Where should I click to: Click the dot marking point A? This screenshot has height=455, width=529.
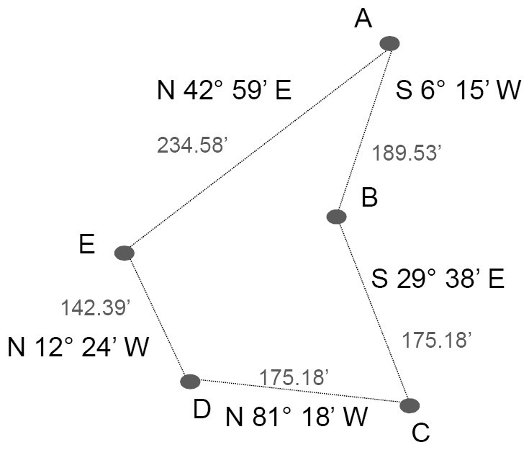(x=389, y=43)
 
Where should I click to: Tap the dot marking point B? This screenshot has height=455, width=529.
(x=336, y=216)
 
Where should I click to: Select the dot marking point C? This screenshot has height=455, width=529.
(x=410, y=405)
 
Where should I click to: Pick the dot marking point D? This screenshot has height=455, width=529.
(x=190, y=381)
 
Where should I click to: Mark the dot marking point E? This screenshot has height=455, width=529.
(x=125, y=253)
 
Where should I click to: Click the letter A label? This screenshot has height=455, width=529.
(x=363, y=19)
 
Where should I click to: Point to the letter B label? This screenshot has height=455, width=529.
(x=369, y=198)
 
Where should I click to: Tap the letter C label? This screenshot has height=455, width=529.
(x=420, y=433)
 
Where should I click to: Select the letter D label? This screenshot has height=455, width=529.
(x=202, y=409)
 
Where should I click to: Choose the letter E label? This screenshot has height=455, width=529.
(x=87, y=245)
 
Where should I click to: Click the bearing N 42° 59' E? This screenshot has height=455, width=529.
(x=223, y=91)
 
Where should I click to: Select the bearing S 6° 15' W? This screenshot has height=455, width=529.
(x=458, y=91)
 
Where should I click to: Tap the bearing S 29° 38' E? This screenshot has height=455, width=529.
(x=438, y=279)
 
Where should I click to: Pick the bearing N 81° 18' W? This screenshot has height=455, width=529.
(x=297, y=416)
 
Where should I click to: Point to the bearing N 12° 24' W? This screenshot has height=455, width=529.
(x=78, y=348)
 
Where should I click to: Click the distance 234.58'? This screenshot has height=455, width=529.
(x=192, y=145)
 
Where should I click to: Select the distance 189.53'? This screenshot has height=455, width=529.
(x=405, y=153)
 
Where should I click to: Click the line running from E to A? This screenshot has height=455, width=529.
(x=257, y=148)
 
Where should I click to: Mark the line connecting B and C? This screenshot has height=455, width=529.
(x=373, y=310)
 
